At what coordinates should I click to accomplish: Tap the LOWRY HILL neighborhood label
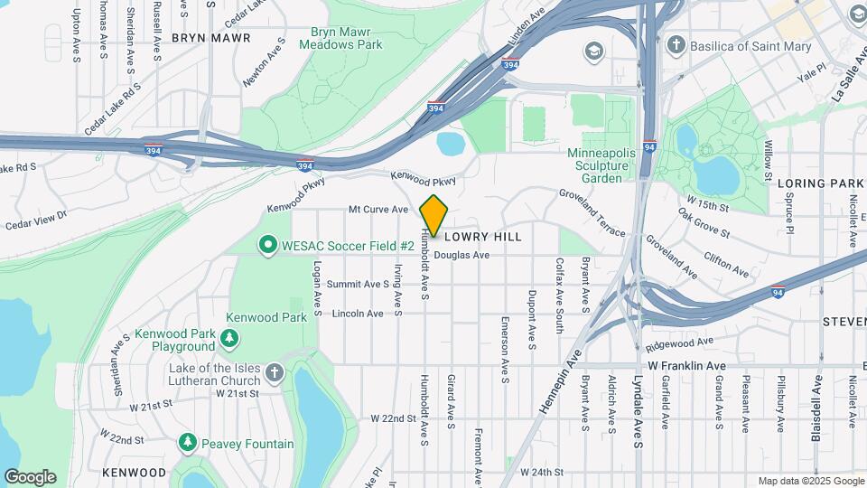(x=482, y=236)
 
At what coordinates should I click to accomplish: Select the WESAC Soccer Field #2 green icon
(x=267, y=245)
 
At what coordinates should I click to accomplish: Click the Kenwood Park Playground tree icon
(x=230, y=339)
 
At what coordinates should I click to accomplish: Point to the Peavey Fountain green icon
(x=187, y=443)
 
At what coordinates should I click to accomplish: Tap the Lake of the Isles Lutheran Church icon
(x=275, y=373)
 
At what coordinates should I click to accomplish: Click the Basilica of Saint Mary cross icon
(x=676, y=45)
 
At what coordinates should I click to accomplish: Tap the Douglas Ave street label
(x=461, y=256)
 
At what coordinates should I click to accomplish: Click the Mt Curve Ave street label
(x=378, y=210)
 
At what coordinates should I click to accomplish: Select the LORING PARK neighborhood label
(x=820, y=183)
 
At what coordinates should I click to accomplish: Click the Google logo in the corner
(x=30, y=477)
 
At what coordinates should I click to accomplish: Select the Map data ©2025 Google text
(x=811, y=481)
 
